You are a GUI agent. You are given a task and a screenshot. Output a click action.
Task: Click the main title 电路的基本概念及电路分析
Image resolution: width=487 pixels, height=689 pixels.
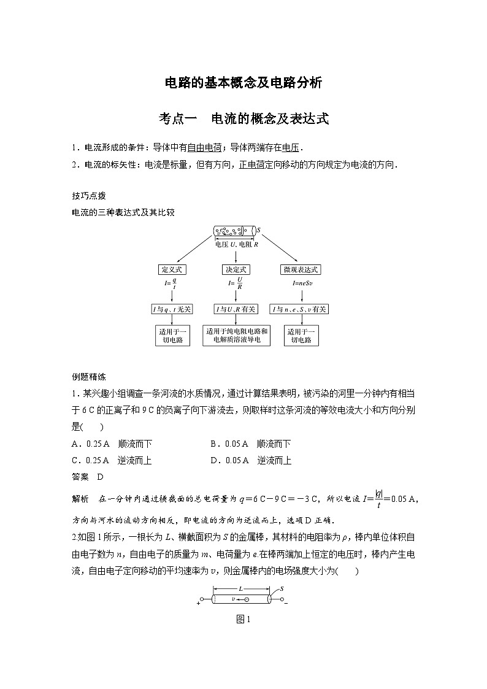coord(243,83)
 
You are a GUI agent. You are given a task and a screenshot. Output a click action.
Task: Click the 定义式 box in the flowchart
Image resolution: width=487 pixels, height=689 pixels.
coord(172,269)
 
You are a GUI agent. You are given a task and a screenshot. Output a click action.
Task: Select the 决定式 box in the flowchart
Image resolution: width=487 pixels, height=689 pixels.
coord(236,269)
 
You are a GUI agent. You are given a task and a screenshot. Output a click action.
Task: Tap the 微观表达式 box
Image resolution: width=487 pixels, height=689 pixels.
coord(301,269)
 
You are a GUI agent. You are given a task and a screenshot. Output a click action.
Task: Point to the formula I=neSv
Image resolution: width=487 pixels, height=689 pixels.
coord(301,285)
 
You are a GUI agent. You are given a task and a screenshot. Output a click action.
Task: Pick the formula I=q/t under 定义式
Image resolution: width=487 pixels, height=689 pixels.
coord(172,284)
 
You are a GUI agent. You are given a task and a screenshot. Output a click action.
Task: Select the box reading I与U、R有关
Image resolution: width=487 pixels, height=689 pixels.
coord(236,309)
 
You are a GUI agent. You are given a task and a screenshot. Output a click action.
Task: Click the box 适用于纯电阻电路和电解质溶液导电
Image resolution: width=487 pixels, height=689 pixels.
coord(237,336)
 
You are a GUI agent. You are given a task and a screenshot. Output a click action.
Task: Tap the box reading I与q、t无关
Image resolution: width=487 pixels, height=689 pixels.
coord(172,309)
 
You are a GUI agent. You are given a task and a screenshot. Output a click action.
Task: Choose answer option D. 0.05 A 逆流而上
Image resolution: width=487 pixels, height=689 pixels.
coord(250,460)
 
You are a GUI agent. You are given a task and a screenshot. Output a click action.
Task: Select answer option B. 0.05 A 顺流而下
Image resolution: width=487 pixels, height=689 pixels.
coord(250,444)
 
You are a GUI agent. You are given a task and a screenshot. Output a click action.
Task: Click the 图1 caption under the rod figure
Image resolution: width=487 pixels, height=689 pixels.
coord(243,620)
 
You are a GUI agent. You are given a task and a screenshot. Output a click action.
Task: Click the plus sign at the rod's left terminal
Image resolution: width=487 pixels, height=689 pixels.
coord(199,603)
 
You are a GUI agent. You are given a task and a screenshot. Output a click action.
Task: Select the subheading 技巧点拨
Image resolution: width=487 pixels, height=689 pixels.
coord(89,196)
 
